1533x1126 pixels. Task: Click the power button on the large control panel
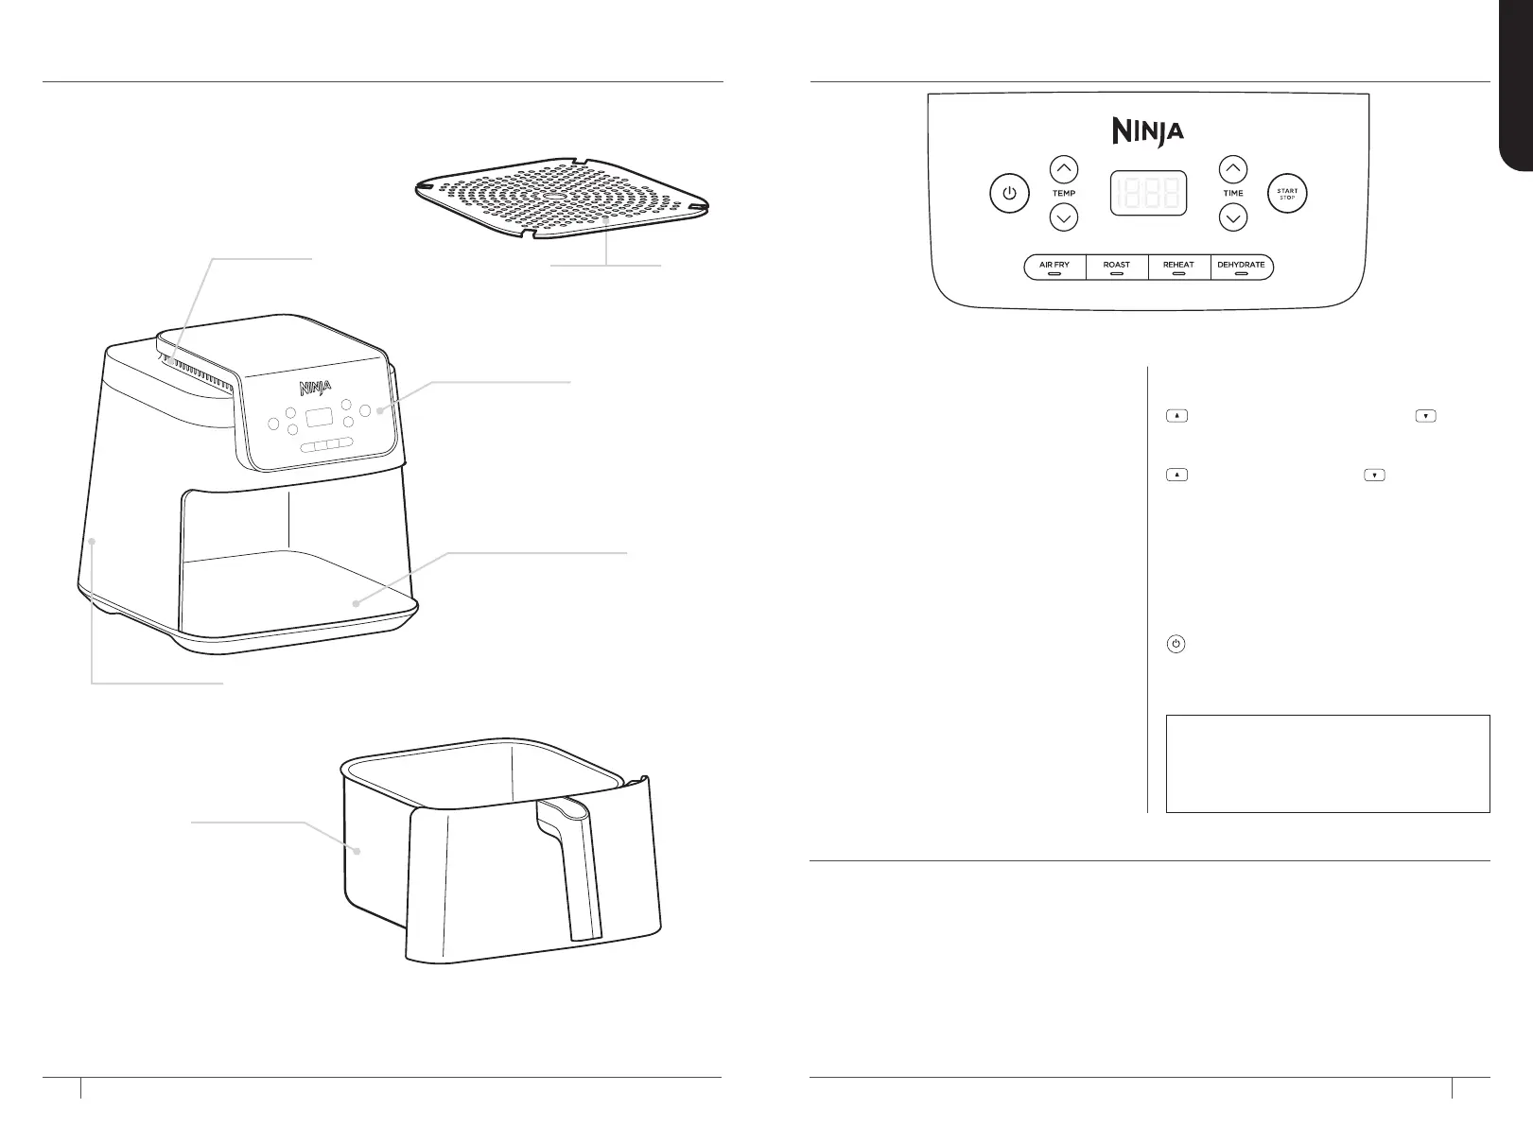(1010, 194)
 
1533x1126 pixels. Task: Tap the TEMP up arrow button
(1064, 170)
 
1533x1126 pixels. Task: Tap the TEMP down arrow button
(1064, 218)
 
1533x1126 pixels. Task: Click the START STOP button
(1287, 194)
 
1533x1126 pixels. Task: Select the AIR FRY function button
(1054, 267)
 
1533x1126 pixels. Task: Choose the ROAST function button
(1117, 267)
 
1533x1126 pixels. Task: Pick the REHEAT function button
(1178, 267)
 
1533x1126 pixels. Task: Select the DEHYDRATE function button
(1241, 267)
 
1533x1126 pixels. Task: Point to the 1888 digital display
(1149, 194)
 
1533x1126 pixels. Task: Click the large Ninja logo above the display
(1147, 130)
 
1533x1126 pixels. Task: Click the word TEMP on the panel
(1064, 194)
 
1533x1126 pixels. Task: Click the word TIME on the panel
(1233, 194)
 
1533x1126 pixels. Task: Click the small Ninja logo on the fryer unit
(316, 388)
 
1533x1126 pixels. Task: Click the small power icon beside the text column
(1176, 645)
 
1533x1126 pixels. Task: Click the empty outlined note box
(1328, 763)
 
